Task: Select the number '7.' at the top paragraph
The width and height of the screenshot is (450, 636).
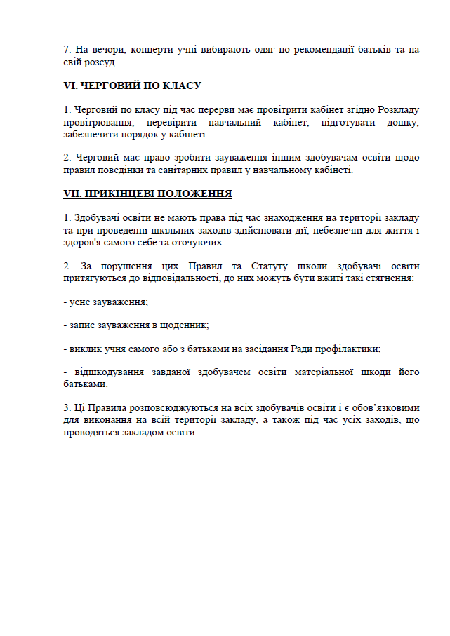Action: (x=68, y=50)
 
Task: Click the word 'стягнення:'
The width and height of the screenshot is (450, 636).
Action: (x=387, y=278)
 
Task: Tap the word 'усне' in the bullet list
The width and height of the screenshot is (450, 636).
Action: (x=79, y=302)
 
